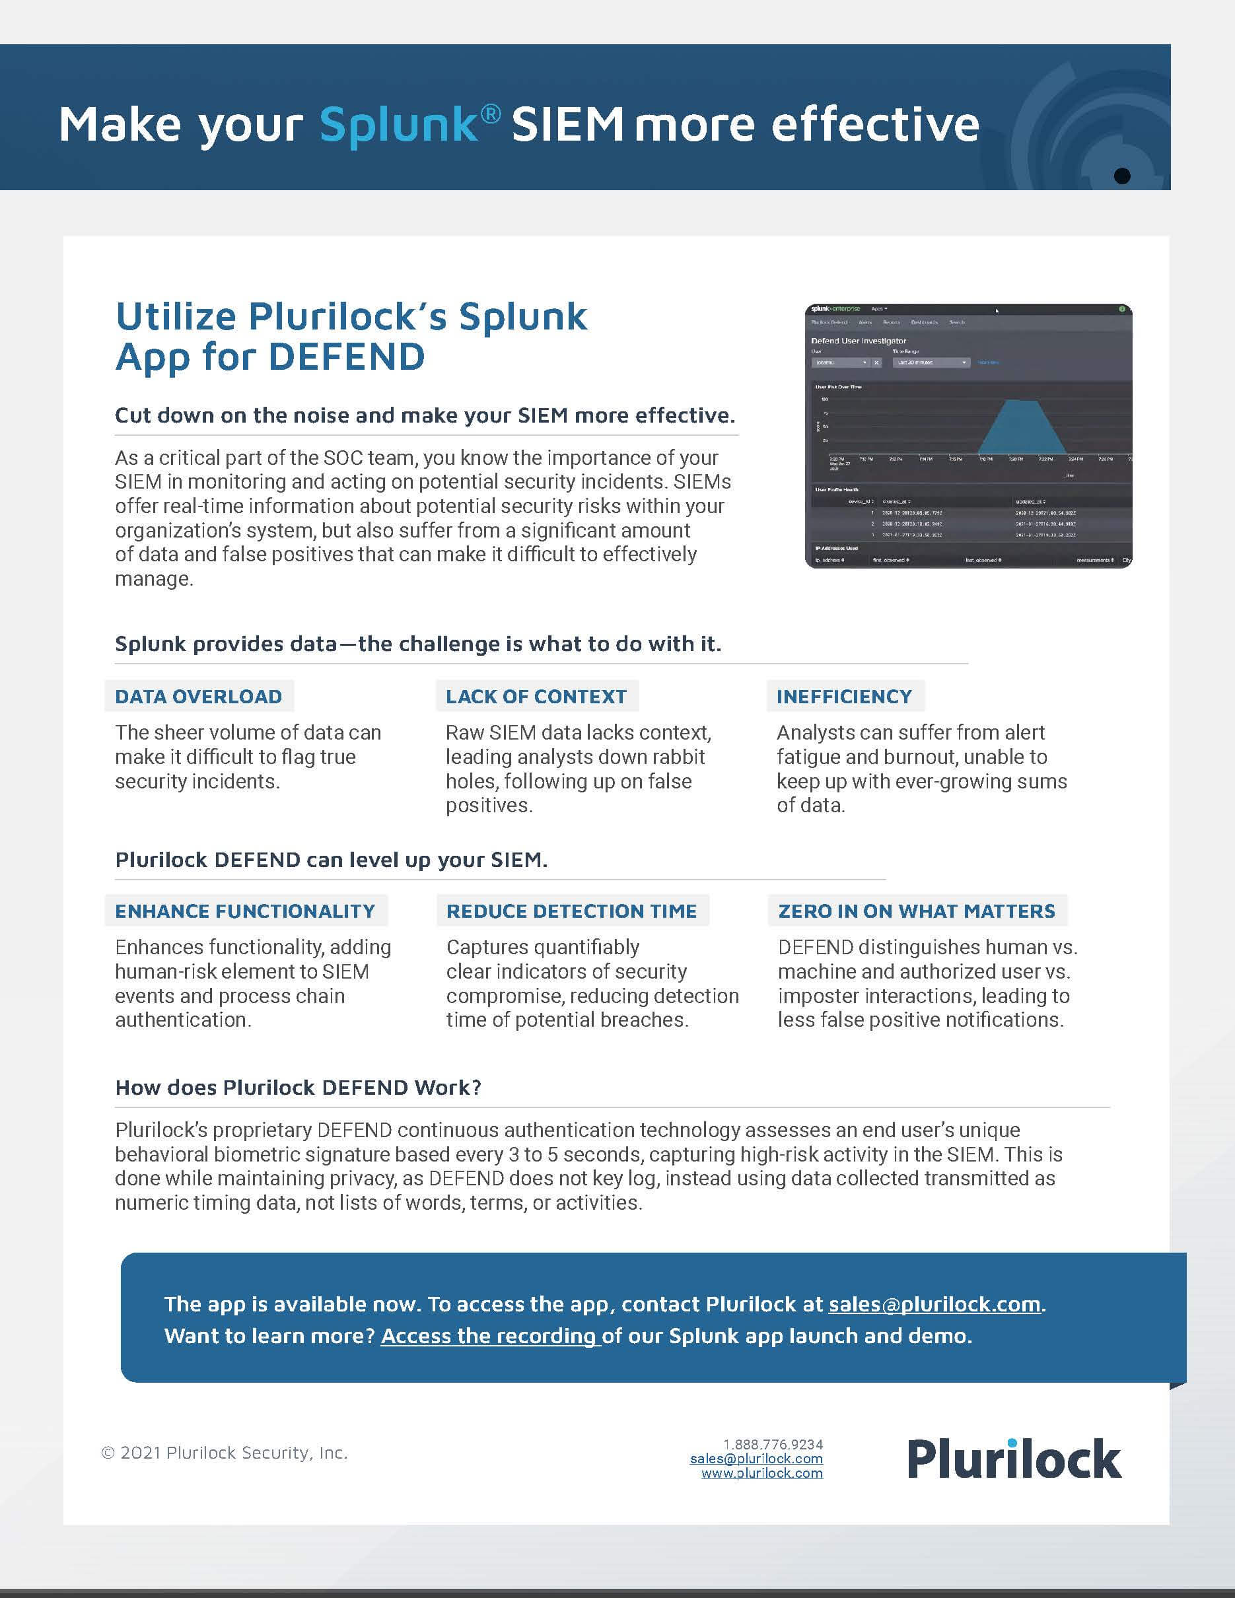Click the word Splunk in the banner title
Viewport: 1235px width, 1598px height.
click(399, 124)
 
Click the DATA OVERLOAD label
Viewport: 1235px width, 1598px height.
click(198, 697)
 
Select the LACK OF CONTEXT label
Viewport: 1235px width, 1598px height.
click(536, 697)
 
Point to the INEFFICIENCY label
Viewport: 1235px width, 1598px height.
click(844, 697)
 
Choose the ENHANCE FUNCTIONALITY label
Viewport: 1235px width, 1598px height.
click(245, 911)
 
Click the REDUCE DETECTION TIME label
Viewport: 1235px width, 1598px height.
click(571, 911)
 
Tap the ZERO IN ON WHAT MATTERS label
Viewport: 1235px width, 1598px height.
click(917, 911)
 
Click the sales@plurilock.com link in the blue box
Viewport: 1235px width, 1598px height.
click(935, 1304)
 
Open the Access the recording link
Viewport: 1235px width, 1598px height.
click(489, 1336)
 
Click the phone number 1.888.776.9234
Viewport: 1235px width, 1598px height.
click(773, 1444)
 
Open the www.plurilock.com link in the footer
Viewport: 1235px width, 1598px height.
click(762, 1473)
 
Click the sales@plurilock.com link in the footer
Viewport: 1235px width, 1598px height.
click(756, 1458)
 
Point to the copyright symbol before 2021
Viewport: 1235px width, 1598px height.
click(108, 1453)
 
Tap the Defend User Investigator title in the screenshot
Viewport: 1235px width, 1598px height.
click(858, 341)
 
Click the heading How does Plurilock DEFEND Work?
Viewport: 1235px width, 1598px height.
click(298, 1088)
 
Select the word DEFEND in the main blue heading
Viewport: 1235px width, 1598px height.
click(346, 357)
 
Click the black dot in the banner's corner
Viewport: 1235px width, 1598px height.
click(1121, 176)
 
